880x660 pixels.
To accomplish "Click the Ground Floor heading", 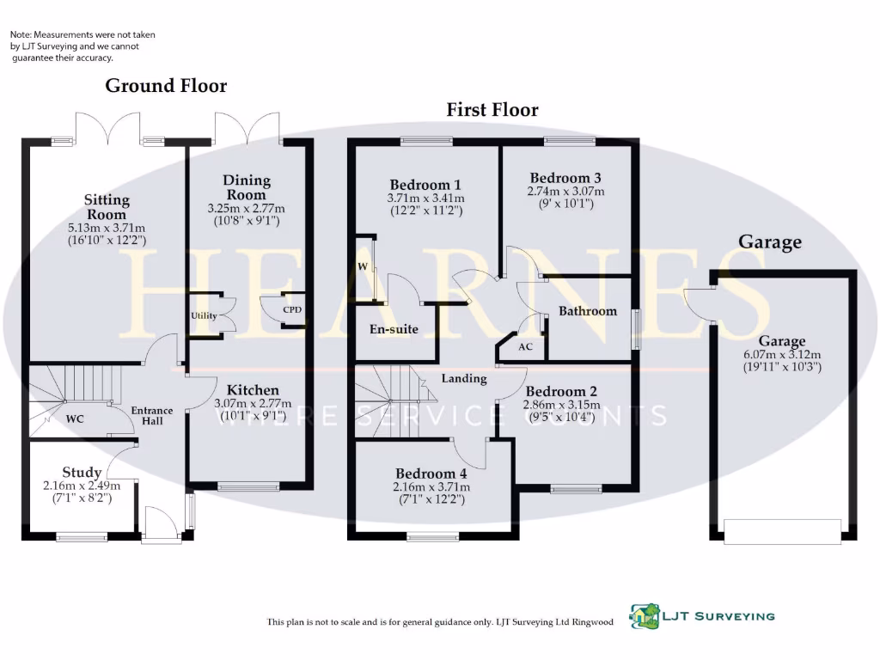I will pos(166,86).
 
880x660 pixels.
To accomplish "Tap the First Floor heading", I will pos(492,110).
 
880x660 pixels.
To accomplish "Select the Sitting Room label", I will pos(107,207).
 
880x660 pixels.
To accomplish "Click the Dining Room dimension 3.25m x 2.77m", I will pos(247,209).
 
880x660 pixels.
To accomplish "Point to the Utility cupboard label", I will pos(204,316).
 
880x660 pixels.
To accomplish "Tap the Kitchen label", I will pos(253,390).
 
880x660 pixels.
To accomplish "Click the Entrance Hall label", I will pos(152,415).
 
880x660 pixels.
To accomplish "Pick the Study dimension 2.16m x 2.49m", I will pos(82,486).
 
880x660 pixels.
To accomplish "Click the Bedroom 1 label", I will pos(425,185).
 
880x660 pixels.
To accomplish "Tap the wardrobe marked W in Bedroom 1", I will pos(363,266).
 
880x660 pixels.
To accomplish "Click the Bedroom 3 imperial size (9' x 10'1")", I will pos(565,204).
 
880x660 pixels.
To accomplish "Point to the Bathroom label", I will pos(588,311).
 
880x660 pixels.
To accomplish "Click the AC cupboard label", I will pos(527,347).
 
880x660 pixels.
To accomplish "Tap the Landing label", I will pos(464,378).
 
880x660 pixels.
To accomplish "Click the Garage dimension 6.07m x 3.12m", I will pos(782,355).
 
